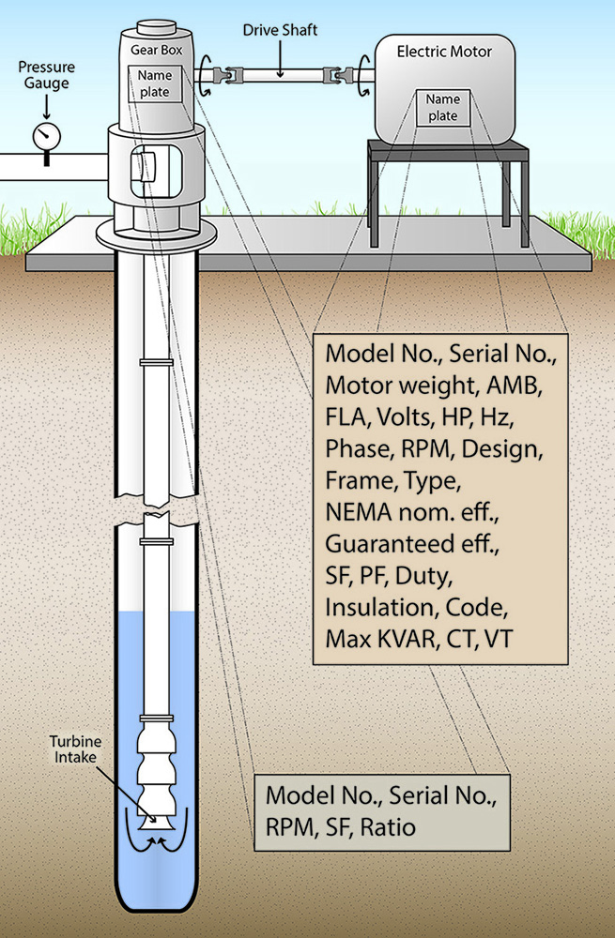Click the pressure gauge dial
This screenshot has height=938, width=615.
coord(45,136)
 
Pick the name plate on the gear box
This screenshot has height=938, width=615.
coord(150,83)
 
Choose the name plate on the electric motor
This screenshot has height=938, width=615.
coord(442,107)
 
